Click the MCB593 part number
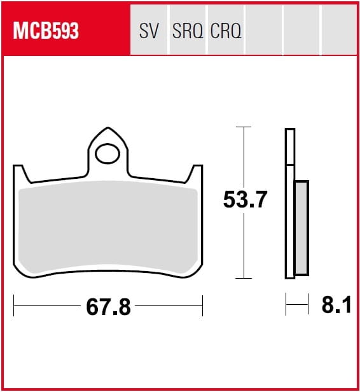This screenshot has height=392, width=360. [46, 31]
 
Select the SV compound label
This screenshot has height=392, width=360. [149, 31]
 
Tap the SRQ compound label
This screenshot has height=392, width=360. [188, 31]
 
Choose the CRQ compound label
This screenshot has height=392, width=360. [226, 31]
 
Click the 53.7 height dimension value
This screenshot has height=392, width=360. [245, 199]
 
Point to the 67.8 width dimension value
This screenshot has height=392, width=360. [108, 307]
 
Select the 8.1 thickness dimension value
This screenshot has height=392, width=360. [336, 305]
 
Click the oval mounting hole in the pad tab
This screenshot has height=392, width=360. [107, 154]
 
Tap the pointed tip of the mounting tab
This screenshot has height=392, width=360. [108, 128]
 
